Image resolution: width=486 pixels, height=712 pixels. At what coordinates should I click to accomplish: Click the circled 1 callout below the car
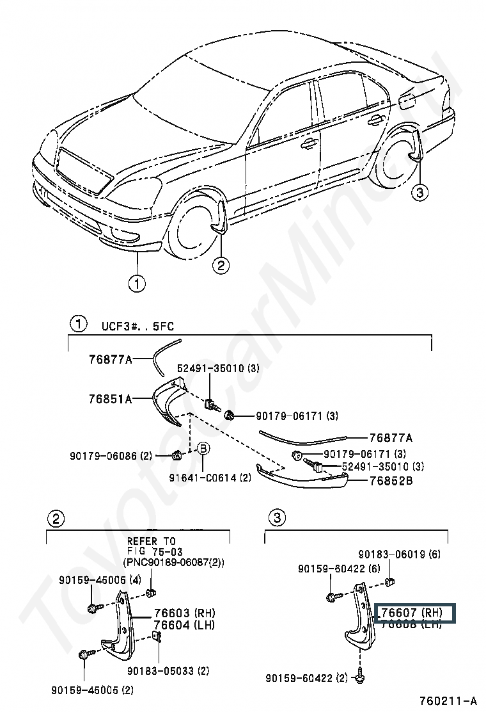pos(136,282)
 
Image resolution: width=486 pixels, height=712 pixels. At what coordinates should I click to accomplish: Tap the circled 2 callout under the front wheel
pos(220,266)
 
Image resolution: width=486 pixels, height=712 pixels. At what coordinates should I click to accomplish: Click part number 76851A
pos(111,399)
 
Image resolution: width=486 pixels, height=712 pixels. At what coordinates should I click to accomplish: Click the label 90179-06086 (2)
pos(111,456)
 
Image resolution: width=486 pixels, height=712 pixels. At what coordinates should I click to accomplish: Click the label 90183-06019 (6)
pos(399,554)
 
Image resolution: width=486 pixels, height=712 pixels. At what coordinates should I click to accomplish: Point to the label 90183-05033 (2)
pos(168,671)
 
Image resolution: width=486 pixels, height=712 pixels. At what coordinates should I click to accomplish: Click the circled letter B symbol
pos(203,449)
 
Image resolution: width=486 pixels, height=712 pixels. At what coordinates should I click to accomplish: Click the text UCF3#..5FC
pos(137,326)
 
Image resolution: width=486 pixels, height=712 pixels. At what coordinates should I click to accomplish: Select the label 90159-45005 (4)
pos(100,580)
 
